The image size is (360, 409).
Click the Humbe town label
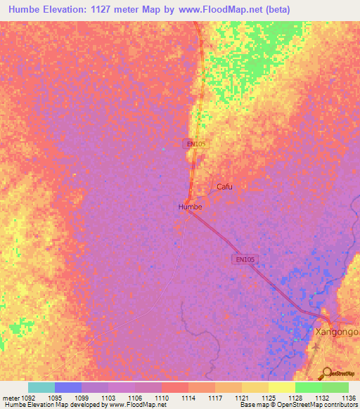pyautogui.click(x=190, y=207)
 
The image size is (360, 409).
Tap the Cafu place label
pyautogui.click(x=224, y=187)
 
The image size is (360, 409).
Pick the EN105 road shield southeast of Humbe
pyautogui.click(x=245, y=259)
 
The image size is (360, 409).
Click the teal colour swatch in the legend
pyautogui.click(x=41, y=387)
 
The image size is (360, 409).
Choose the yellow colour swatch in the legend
pyautogui.click(x=281, y=387)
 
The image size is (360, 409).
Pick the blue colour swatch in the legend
pyautogui.click(x=68, y=387)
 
